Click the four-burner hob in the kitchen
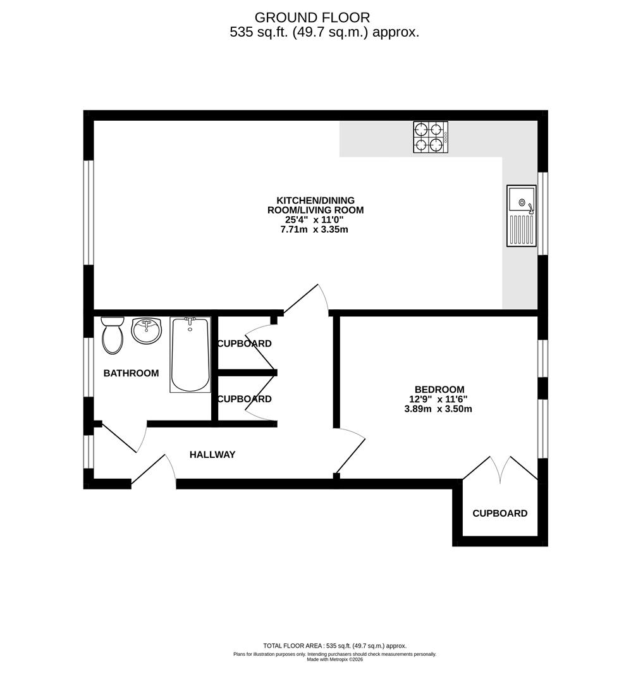(431, 137)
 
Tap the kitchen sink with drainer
(521, 216)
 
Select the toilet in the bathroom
(113, 335)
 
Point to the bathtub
(190, 354)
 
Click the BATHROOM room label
(131, 373)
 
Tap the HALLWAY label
(212, 454)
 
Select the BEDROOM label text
(439, 390)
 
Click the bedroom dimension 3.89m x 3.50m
(438, 409)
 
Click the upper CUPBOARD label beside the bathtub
(244, 343)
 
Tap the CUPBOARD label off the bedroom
(499, 513)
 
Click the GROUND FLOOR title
(312, 18)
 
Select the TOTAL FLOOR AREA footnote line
(334, 646)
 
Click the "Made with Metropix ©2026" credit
(334, 659)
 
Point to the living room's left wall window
(89, 212)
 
